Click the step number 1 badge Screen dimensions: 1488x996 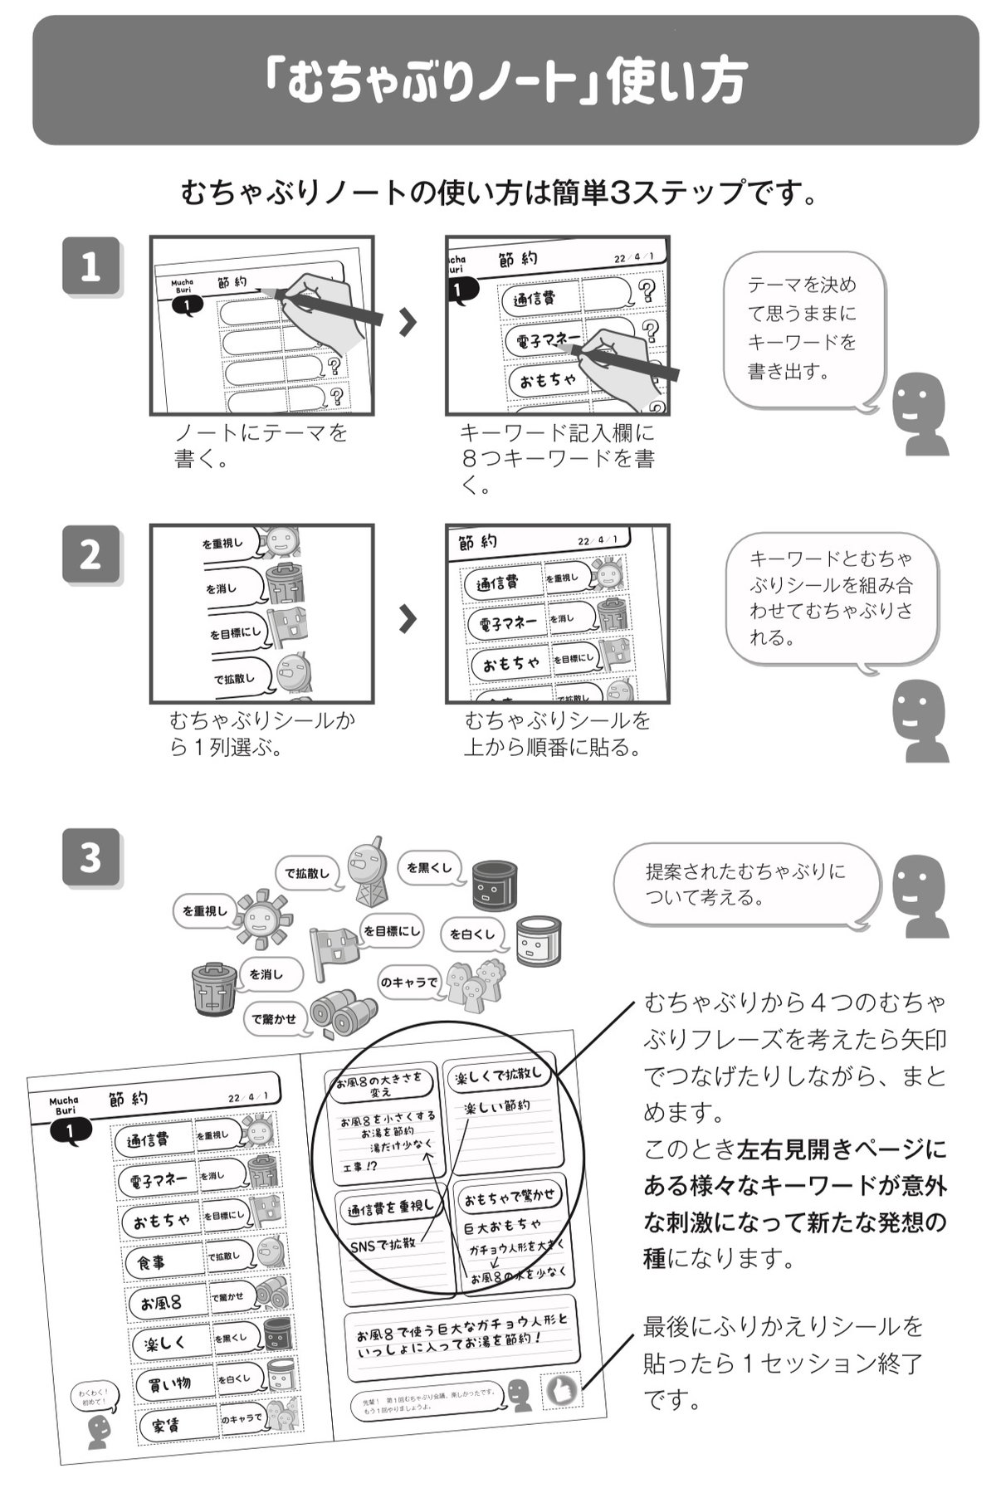click(90, 266)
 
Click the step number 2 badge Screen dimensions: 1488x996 click(90, 554)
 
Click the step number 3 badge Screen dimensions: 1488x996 click(90, 857)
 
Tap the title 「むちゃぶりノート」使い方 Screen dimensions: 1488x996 click(505, 80)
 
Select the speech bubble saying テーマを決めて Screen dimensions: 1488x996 click(801, 329)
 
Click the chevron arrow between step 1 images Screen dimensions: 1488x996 click(407, 323)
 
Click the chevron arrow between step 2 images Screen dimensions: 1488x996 click(407, 618)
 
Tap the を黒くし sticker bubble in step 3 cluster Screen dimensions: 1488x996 click(429, 868)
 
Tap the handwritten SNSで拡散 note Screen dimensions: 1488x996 click(383, 1245)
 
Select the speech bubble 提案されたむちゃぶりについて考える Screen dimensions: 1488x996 click(745, 884)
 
